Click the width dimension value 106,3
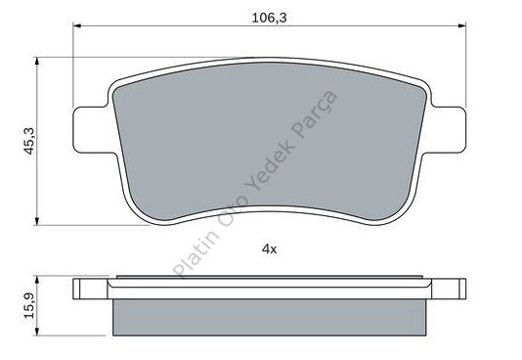tap(258, 15)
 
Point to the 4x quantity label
tap(270, 249)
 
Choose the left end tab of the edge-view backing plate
tap(88, 289)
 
